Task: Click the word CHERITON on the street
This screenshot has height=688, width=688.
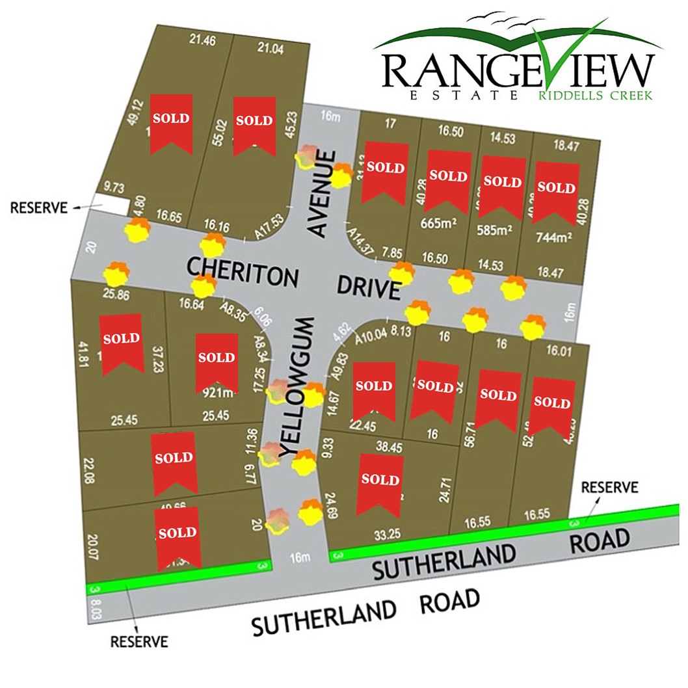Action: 243,271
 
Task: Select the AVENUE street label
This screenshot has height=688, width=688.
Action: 323,195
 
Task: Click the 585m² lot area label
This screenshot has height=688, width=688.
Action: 496,230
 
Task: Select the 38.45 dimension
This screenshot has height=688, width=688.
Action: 388,447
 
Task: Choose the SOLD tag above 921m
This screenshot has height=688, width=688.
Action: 216,362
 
